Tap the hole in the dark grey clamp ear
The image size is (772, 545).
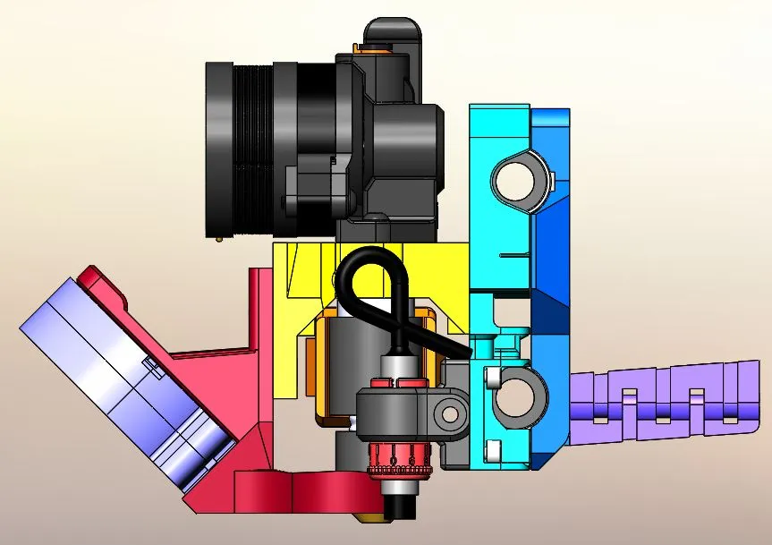tap(449, 413)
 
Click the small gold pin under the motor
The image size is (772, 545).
tap(220, 239)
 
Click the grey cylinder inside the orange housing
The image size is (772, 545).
tap(344, 367)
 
